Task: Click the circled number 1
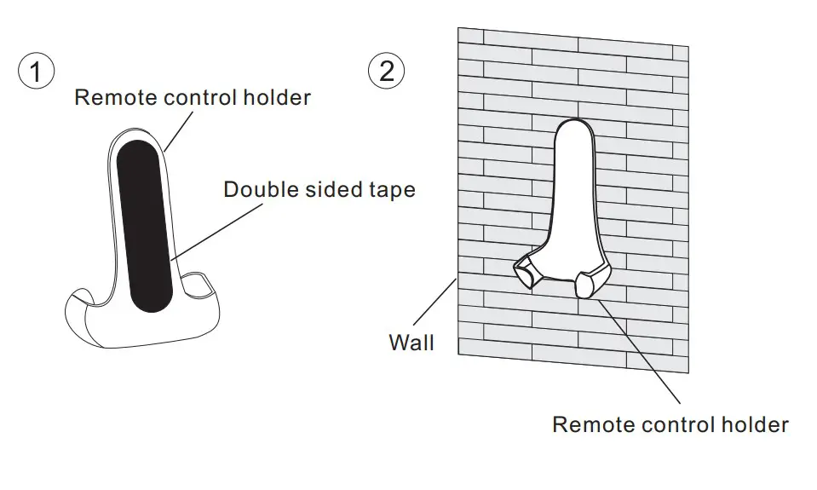tap(35, 72)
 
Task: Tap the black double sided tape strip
tap(144, 226)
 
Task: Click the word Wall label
tap(411, 343)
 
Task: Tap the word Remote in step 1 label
tap(111, 97)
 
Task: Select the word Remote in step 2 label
tap(589, 424)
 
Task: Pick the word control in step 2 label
tap(671, 424)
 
